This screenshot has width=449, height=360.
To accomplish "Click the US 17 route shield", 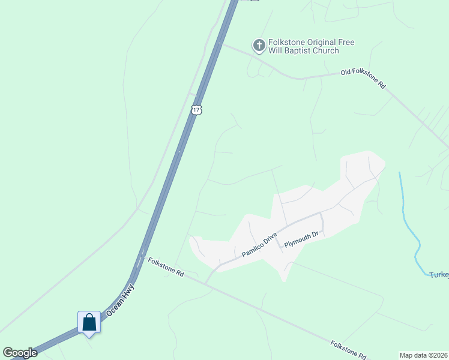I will click(x=197, y=109).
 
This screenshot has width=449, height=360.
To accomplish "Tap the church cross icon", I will click(x=259, y=45).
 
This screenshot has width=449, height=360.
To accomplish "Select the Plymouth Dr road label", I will click(x=304, y=239).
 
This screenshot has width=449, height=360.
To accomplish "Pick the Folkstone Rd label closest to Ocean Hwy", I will click(x=166, y=267).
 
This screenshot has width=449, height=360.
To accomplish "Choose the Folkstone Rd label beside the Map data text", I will click(x=348, y=350).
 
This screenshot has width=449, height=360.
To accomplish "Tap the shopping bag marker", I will click(x=89, y=323).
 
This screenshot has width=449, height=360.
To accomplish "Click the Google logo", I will click(x=20, y=353).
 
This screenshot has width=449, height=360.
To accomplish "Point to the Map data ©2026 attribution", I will click(x=423, y=355).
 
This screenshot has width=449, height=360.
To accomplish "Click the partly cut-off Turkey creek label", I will click(x=439, y=275).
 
